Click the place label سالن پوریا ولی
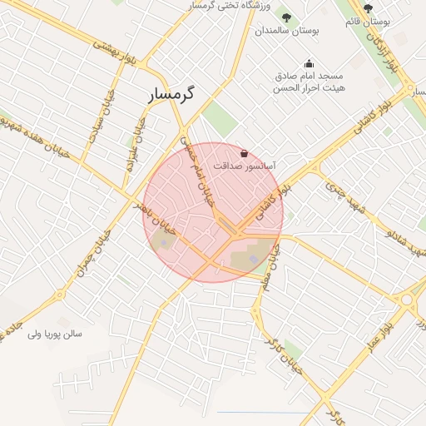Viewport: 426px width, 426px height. click(55, 334)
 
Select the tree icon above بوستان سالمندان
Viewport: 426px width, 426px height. click(287, 17)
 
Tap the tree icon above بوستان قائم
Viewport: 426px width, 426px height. click(368, 8)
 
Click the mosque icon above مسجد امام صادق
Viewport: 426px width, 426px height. click(310, 62)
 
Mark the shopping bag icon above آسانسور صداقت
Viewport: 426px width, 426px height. click(243, 154)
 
